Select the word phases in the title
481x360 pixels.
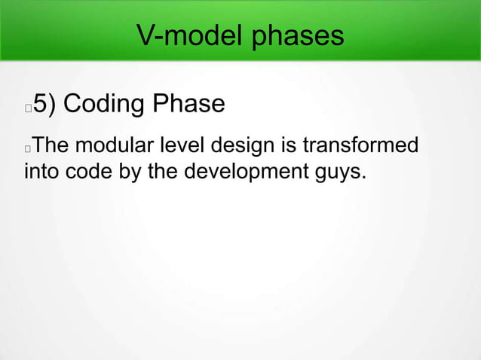[x=300, y=36]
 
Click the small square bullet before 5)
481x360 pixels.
[x=28, y=108]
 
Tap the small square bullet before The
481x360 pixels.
[x=28, y=146]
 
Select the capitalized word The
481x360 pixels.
[x=52, y=144]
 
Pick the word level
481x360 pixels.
[x=182, y=144]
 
